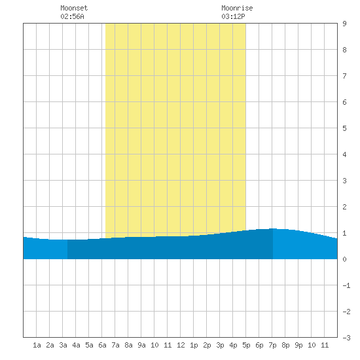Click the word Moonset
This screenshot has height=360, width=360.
pos(74,8)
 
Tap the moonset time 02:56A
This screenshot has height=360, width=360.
pos(72,16)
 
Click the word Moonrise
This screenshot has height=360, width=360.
pos(237,8)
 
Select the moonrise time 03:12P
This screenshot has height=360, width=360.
pos(233,16)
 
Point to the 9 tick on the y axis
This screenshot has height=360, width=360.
pos(344,24)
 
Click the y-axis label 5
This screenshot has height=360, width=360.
pos(344,128)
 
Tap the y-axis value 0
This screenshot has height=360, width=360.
pos(344,259)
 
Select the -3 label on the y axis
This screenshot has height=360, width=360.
pos(346,338)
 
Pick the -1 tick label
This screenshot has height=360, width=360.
pos(346,285)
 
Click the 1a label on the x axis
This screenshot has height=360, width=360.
pos(37,345)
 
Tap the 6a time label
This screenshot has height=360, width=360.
pos(102,345)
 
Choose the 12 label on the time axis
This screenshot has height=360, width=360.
pos(181,345)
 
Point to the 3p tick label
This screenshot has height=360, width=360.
pos(220,345)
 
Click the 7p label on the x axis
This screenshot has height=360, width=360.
pos(272,345)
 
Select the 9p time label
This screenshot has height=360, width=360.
pos(298,345)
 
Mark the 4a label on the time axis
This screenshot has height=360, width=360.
pos(76,345)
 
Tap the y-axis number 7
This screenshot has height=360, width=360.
pos(344,76)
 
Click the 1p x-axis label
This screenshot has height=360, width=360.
pos(194,345)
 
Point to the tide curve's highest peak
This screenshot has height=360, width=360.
pos(272,228)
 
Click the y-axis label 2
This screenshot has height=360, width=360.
pos(344,207)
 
